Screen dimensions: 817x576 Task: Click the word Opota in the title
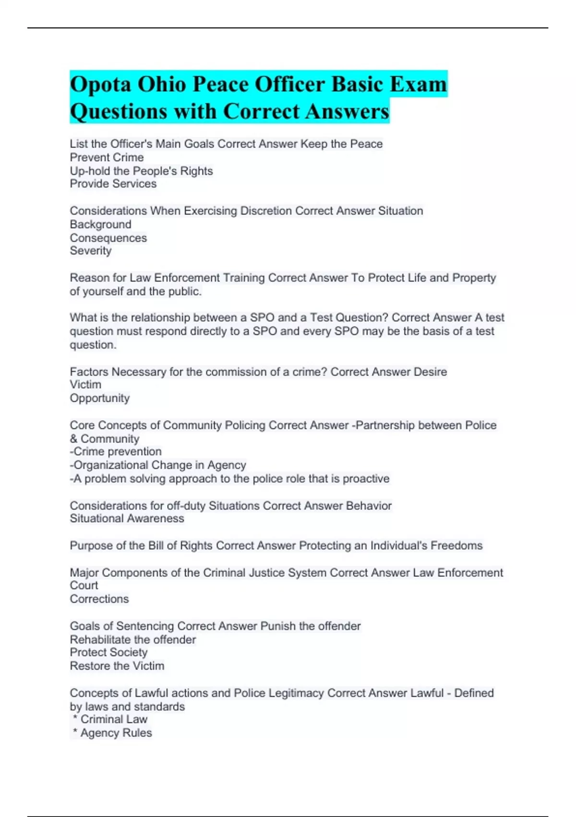(100, 84)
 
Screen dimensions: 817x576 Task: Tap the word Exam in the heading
(418, 84)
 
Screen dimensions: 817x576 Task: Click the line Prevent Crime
(107, 157)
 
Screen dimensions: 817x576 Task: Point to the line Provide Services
(113, 184)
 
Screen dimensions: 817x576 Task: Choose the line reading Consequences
(108, 238)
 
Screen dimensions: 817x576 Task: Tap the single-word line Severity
(90, 250)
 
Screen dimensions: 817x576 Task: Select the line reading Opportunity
(99, 398)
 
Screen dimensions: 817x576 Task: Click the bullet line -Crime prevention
(115, 451)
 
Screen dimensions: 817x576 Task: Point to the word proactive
(366, 479)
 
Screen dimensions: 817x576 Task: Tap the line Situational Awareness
(127, 518)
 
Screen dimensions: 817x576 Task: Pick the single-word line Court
(84, 585)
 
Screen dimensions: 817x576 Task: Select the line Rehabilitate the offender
(132, 640)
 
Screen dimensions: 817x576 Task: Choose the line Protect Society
(108, 652)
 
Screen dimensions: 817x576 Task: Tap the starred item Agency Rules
(116, 733)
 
